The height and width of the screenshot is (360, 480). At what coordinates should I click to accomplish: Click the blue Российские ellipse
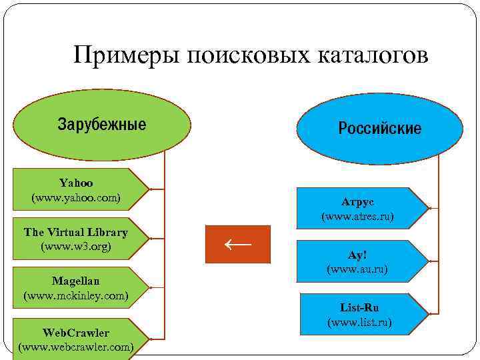(379, 129)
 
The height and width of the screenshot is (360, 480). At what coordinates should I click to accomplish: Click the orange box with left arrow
(238, 244)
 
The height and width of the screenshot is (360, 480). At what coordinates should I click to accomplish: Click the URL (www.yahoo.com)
(76, 198)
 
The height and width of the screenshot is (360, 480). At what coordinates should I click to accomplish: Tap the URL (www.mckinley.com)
(75, 295)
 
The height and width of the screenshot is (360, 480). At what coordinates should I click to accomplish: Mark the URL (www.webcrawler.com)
(75, 347)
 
